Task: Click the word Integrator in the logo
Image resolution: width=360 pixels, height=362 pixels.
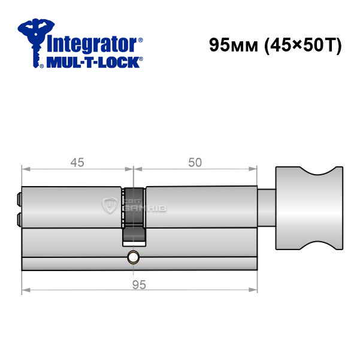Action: point(92,44)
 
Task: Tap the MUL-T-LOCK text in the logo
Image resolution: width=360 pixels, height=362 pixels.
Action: point(93,62)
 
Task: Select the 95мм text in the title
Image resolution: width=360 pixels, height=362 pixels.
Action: point(234,45)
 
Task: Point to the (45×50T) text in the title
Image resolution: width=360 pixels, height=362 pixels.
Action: point(303,45)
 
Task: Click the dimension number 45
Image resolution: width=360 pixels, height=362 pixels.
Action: point(77,163)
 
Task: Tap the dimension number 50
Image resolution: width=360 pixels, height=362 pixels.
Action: point(195,163)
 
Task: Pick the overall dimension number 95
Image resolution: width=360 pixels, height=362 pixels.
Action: point(139,285)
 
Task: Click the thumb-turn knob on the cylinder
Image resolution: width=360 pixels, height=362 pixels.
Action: point(309,208)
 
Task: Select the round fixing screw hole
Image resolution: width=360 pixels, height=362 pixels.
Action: point(133,257)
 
